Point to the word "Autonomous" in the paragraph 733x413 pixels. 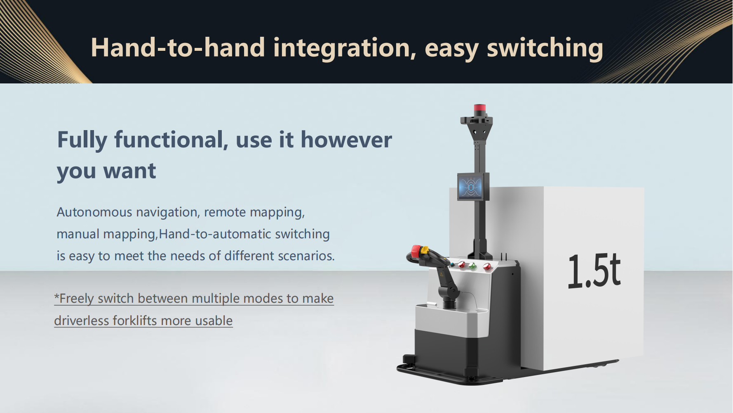(94, 212)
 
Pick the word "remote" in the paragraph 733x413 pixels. (225, 212)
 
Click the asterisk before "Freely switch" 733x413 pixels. (57, 297)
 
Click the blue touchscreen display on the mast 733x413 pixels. (470, 187)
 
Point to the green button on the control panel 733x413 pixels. (473, 266)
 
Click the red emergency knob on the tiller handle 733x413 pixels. (416, 251)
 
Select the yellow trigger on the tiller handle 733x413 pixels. (424, 250)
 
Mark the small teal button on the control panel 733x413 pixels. (453, 265)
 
